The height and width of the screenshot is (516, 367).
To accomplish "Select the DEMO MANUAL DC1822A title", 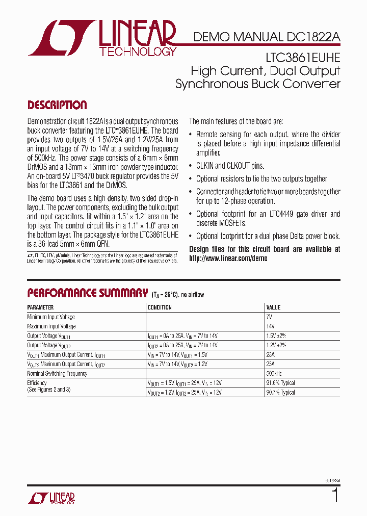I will coord(266,37).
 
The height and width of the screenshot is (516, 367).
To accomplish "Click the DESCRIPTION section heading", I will coord(57,106).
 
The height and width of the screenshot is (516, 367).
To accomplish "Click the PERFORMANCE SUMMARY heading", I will coord(87,293).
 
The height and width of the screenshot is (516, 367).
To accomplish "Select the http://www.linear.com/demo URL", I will coord(228,258).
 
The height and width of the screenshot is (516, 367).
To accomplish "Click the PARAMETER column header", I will coord(40,308).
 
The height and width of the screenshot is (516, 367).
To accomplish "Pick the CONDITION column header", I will coord(160,308).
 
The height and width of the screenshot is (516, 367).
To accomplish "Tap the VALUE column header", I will coord(273,308).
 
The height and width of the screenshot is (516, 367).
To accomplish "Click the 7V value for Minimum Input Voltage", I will coord(270,317).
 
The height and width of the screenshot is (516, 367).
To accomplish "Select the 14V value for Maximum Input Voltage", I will coord(271,326).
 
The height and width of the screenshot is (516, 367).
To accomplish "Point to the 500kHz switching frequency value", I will coord(275,374).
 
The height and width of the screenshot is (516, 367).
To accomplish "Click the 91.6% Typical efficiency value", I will coord(280,383).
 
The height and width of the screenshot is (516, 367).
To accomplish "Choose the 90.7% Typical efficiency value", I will coord(280,393).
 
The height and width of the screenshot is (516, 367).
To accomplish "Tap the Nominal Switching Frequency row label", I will coord(57,374).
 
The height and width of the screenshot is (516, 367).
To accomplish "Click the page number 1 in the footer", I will coord(335,496).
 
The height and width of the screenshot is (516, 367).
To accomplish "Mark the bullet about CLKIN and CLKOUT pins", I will coord(230,166).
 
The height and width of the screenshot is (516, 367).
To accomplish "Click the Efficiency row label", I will coord(37,383).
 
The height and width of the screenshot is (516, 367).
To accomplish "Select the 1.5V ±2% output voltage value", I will coord(276,336).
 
